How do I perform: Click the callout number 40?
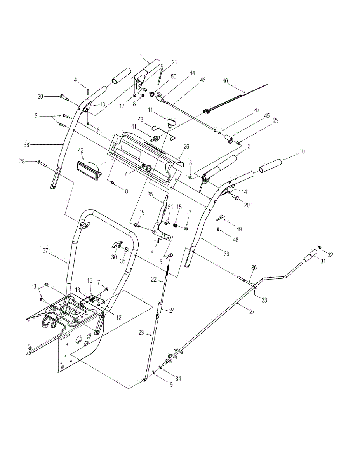tap(225, 81)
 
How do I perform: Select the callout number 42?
tap(81, 150)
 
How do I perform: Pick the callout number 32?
tap(330, 255)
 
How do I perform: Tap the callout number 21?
tap(174, 62)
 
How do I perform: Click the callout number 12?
tap(119, 317)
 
